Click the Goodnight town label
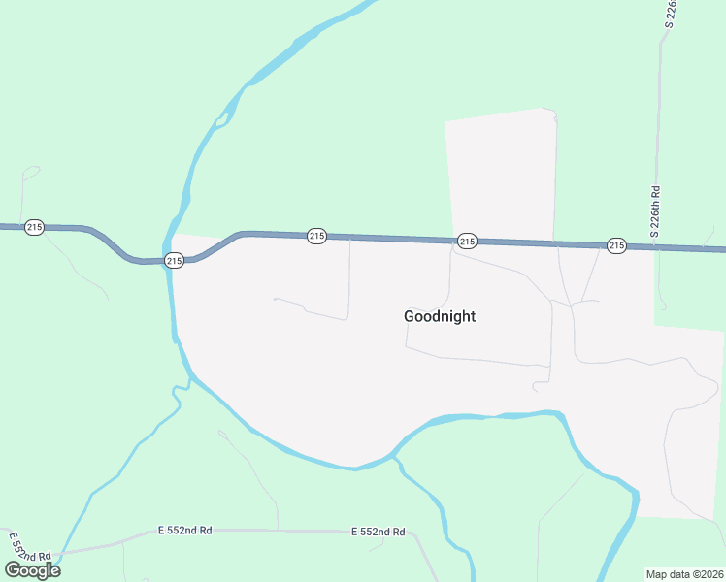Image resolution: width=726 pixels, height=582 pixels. click(x=440, y=316)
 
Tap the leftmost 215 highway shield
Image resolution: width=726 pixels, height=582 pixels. click(x=35, y=227)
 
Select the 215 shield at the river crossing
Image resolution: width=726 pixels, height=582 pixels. click(x=174, y=260)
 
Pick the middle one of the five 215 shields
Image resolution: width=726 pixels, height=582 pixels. click(x=316, y=236)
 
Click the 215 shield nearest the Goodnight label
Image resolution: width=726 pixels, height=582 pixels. click(x=467, y=241)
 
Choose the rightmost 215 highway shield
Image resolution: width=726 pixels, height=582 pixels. click(x=616, y=245)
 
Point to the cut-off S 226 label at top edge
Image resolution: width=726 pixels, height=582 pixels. click(x=671, y=14)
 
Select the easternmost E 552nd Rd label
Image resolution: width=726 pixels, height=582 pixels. click(x=378, y=532)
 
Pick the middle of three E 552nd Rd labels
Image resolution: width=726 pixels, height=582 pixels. click(x=184, y=531)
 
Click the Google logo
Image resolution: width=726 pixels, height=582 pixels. click(x=33, y=569)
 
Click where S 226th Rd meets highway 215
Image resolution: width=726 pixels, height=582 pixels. click(x=657, y=247)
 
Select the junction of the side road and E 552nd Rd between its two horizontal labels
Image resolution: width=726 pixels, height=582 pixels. click(x=279, y=530)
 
